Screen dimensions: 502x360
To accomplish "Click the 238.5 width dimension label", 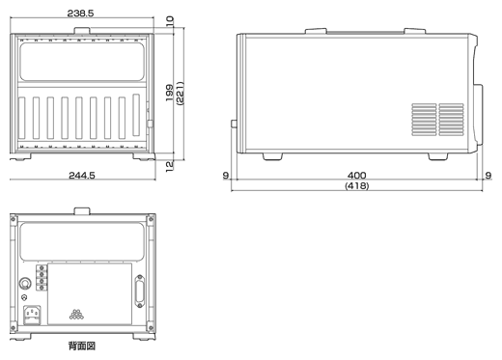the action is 80,14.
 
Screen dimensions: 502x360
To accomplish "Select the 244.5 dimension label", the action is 82,176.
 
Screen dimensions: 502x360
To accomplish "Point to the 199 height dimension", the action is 169,93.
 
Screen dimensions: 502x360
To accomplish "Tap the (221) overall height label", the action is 180,94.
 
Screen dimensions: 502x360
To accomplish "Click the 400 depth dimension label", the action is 357,176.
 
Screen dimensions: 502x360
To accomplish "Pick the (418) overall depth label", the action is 357,185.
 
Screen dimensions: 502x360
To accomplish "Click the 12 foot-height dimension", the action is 169,166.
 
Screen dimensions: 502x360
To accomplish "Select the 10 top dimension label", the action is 170,21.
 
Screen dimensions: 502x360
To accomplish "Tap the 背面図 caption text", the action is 82,346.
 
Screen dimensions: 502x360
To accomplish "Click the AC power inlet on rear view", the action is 33,315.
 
